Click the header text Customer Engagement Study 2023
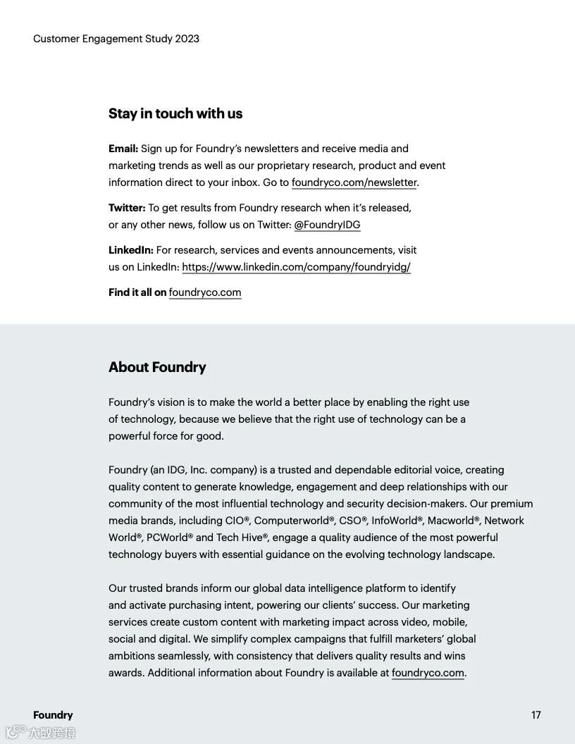coord(116,39)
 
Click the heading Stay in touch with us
coord(175,113)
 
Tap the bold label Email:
coord(123,149)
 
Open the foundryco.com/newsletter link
coord(354,182)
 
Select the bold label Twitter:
coord(127,208)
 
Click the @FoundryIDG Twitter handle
coord(327,225)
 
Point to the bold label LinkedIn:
coord(131,250)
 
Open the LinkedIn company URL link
coord(296,267)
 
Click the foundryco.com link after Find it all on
coord(205,292)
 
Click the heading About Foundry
coord(157,367)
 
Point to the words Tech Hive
coord(239,538)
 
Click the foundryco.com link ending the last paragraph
coord(428,673)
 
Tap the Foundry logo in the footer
coord(53,715)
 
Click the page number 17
coord(536,715)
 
